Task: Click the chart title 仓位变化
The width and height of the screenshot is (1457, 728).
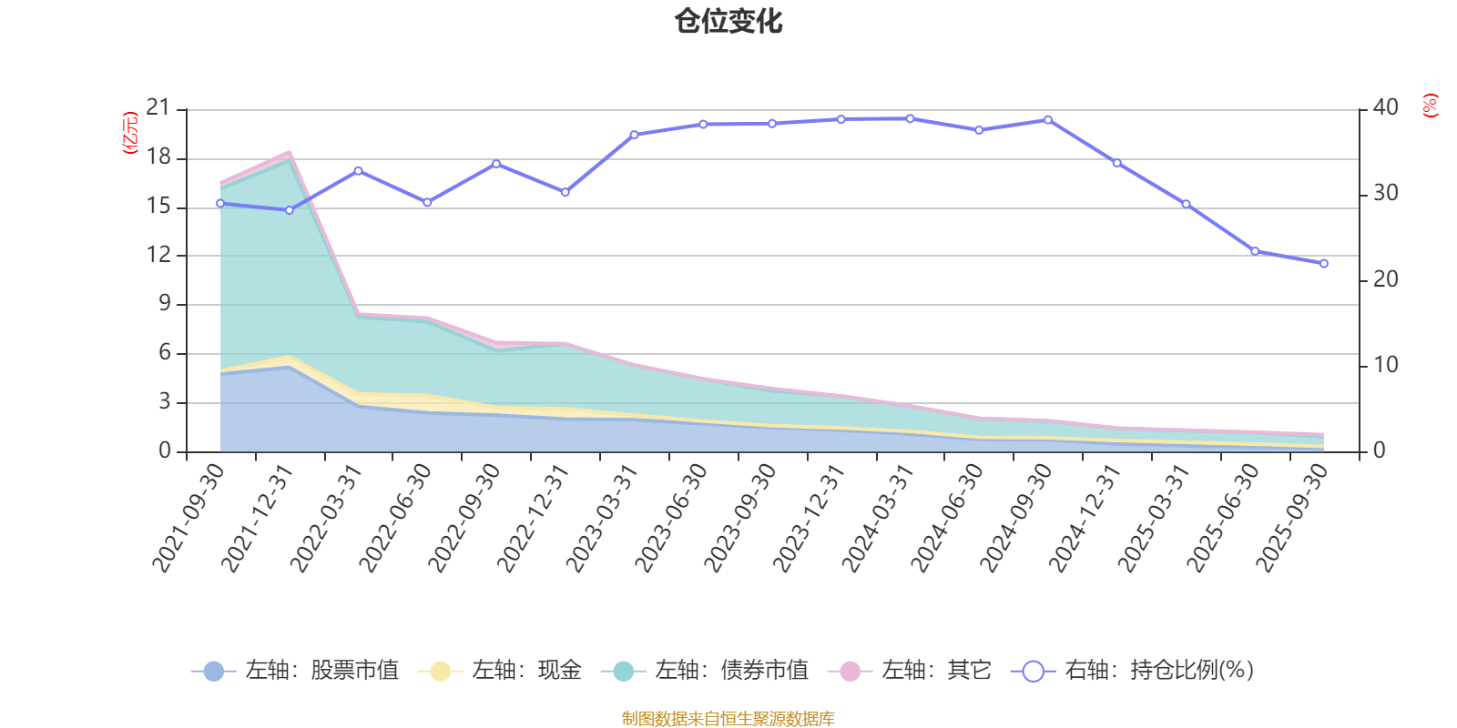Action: pyautogui.click(x=728, y=21)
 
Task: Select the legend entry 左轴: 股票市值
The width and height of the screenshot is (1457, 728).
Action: pyautogui.click(x=295, y=672)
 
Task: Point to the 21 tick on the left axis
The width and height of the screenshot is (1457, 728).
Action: pyautogui.click(x=158, y=109)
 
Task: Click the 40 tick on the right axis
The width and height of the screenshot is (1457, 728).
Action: pyautogui.click(x=1386, y=107)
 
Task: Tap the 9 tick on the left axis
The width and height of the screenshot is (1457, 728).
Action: pyautogui.click(x=165, y=304)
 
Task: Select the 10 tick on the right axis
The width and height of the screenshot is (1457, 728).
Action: pyautogui.click(x=1386, y=365)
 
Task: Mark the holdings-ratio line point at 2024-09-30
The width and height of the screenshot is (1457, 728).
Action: pyautogui.click(x=1048, y=119)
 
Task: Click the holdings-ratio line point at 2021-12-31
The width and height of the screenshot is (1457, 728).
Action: pyautogui.click(x=290, y=210)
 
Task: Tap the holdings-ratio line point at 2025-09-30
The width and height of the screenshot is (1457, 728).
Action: pyautogui.click(x=1324, y=264)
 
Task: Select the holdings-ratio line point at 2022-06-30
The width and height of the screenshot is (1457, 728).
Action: pyautogui.click(x=427, y=203)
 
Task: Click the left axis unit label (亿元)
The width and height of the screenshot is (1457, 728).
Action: pyautogui.click(x=130, y=133)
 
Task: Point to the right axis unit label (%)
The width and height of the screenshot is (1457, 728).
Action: pyautogui.click(x=1431, y=106)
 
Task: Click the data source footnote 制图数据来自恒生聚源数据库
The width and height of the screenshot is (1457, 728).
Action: pyautogui.click(x=728, y=719)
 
